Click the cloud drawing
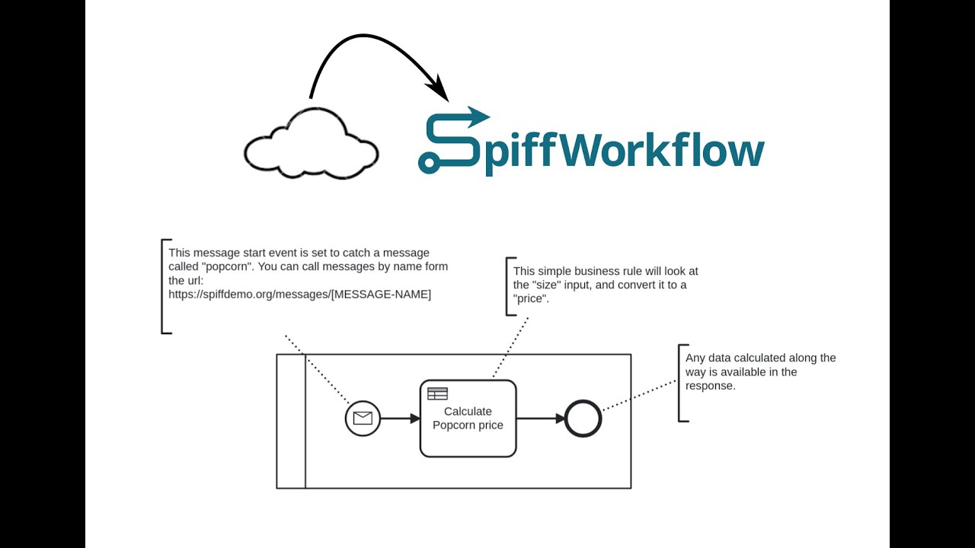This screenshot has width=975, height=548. tap(311, 146)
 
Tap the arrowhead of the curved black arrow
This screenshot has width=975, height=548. tap(440, 90)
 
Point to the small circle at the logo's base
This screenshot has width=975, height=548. tap(427, 161)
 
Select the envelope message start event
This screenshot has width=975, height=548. tap(363, 418)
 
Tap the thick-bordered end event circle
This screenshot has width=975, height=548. tap(583, 418)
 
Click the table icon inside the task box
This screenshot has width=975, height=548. tap(437, 393)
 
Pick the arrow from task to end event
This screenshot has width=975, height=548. tap(541, 418)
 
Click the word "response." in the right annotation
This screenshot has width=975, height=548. tap(710, 386)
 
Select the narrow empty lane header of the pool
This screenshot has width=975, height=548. tap(291, 421)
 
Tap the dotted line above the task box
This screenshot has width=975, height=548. tap(510, 347)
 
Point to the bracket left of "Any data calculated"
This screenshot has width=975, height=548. tap(680, 382)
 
